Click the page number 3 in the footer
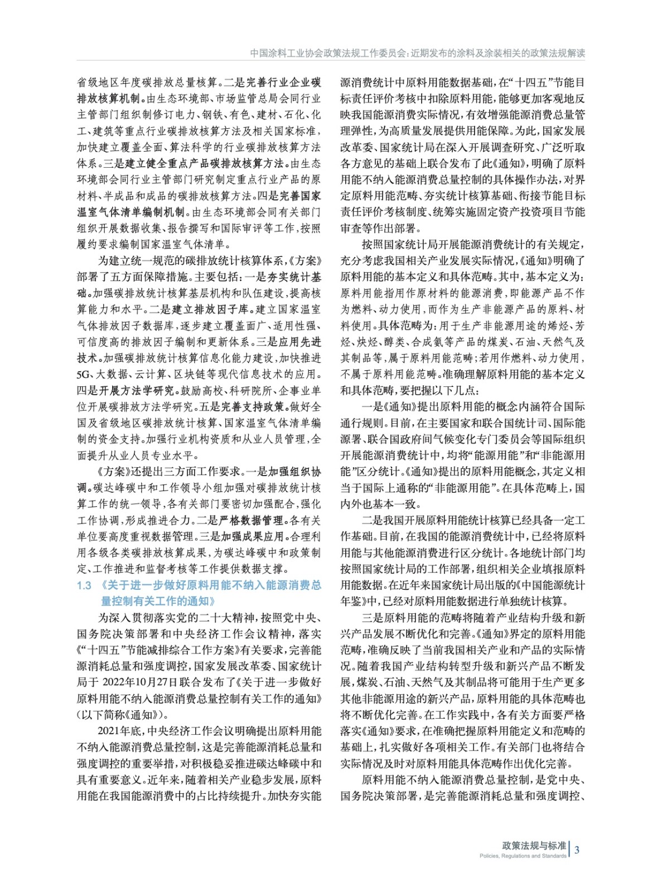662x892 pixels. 577,850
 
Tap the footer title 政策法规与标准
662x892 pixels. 534,845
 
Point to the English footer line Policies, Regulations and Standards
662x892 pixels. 523,856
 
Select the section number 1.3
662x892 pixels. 84,585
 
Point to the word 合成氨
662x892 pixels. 440,342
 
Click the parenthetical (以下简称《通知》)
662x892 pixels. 121,715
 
